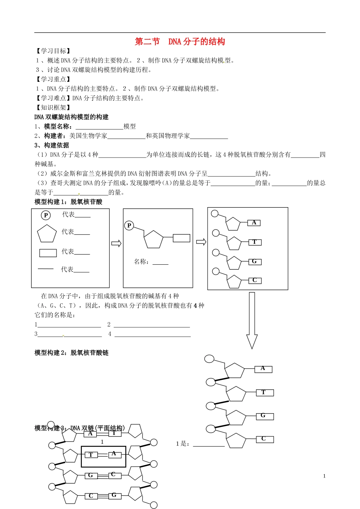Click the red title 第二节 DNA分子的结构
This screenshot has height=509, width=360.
point(180,42)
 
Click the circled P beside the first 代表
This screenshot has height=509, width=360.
point(46,215)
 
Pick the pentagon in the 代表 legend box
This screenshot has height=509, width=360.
point(47,234)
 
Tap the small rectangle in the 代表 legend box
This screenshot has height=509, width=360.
point(48,253)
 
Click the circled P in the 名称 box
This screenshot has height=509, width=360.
point(129,226)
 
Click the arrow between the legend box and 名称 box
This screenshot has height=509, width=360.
point(116,243)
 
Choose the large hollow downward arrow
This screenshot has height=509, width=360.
point(252,320)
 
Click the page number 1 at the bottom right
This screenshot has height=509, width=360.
point(324,476)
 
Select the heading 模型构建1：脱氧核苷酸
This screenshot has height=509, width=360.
point(69,202)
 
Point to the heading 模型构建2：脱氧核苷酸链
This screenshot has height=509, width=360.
point(72,353)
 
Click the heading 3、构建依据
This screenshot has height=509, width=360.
point(52,145)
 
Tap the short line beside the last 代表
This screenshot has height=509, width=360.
point(46,269)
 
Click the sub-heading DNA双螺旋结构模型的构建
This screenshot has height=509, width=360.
point(72,117)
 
